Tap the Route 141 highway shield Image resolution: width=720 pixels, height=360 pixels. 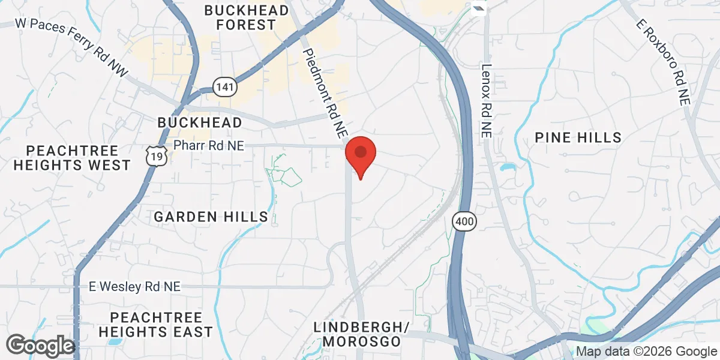point(224,87)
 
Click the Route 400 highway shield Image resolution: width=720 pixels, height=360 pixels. point(464,221)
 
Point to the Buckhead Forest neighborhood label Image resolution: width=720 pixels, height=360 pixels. point(240,17)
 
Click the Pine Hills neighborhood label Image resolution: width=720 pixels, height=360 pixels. point(578,137)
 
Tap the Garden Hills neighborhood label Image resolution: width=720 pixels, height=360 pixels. point(211,217)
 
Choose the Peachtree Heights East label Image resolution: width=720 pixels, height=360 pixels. point(155,324)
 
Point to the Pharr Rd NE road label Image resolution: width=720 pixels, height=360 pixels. point(209,145)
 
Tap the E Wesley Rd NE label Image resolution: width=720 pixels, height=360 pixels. point(134,287)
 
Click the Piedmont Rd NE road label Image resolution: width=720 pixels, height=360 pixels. point(325,84)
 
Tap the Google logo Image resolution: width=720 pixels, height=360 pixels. point(41,346)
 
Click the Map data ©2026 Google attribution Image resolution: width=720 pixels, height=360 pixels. point(647,352)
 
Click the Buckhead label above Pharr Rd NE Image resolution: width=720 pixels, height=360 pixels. point(200,122)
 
